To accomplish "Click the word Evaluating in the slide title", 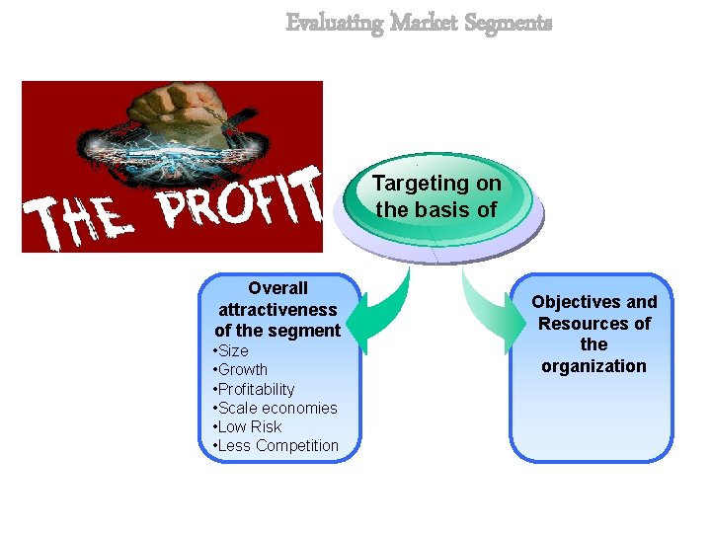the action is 334,23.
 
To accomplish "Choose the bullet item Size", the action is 233,351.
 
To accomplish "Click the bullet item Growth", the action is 242,370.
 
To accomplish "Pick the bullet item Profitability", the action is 256,389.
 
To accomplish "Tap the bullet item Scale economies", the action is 277,408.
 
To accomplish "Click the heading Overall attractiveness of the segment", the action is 278,309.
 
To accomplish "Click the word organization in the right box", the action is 593,366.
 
